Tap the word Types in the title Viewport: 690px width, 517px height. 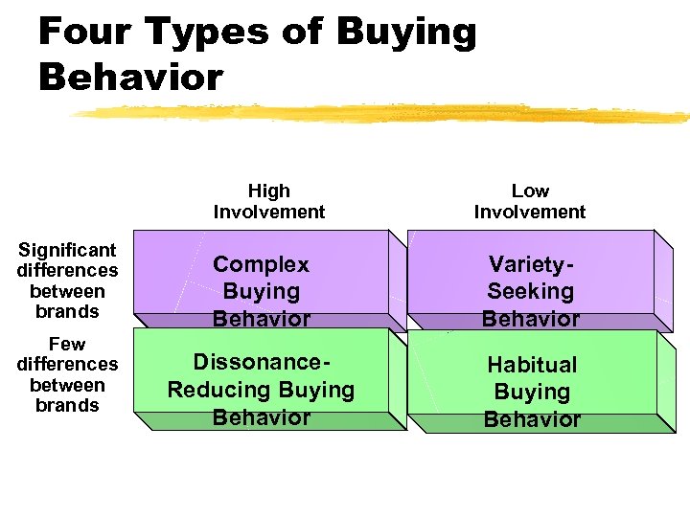[x=201, y=33]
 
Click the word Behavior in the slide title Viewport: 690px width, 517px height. [x=130, y=77]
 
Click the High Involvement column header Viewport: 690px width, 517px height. [x=269, y=201]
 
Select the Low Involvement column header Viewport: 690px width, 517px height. [x=530, y=201]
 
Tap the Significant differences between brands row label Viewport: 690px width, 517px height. [x=67, y=281]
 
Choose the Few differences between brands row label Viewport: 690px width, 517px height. [x=67, y=374]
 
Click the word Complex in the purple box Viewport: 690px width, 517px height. [x=261, y=264]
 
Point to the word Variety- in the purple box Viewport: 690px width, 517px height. [x=531, y=264]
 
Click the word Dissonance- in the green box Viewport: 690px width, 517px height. [x=263, y=363]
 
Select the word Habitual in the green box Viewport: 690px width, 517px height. [x=532, y=365]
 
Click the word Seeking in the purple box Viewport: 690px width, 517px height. [x=531, y=291]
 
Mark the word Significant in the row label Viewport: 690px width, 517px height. [x=67, y=250]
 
